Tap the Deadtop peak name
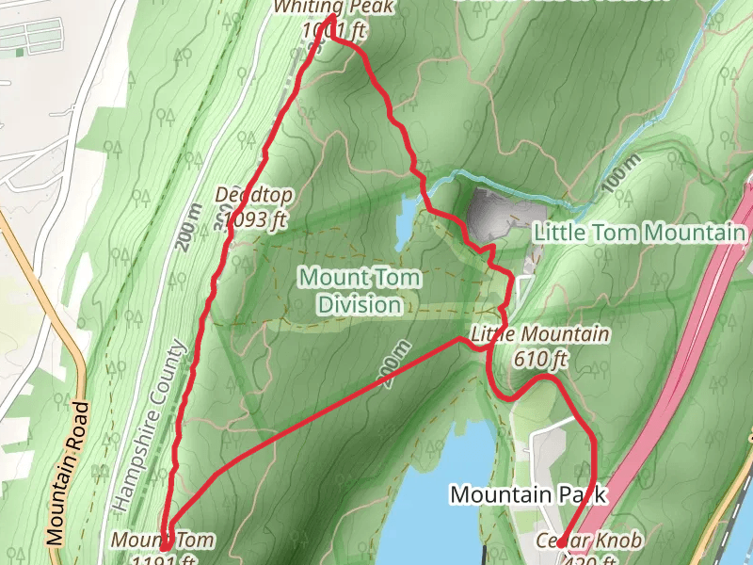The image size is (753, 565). (x=254, y=195)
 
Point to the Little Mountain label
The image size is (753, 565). (x=539, y=334)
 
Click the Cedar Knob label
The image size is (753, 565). (x=590, y=541)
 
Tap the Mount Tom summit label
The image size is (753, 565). (x=162, y=541)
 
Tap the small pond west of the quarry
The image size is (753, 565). (x=405, y=222)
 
